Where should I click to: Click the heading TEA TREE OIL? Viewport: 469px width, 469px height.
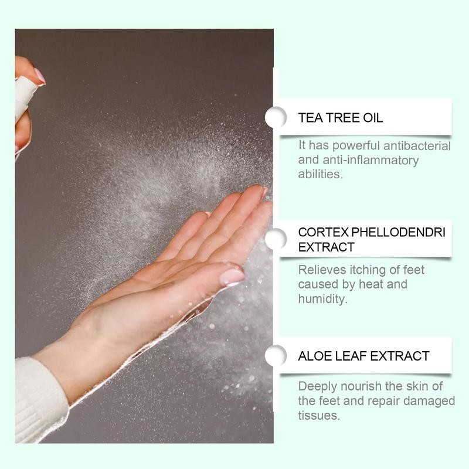pos(341,118)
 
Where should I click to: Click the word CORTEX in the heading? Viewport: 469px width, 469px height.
pos(322,232)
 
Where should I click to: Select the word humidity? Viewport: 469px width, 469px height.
pos(323,298)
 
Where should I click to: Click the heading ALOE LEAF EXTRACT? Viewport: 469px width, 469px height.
pos(363,356)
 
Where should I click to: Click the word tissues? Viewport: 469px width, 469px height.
pos(319,415)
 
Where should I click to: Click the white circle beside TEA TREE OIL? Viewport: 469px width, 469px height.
pos(275,117)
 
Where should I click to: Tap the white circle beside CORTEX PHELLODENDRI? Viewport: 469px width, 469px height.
pos(275,239)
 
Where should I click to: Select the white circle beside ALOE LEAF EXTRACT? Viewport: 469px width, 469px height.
pos(275,356)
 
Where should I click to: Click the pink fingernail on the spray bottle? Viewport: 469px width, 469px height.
pos(39,76)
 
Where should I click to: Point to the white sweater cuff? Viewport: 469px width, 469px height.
pos(38,399)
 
